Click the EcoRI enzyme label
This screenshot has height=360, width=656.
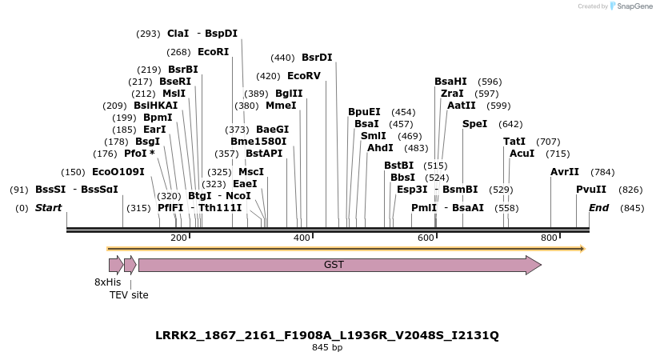(213, 52)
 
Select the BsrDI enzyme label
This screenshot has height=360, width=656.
(317, 58)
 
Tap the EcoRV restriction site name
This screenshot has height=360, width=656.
(303, 76)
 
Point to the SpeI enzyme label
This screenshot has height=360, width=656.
(474, 124)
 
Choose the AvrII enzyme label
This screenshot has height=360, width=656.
(564, 172)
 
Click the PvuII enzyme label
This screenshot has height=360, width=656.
(591, 190)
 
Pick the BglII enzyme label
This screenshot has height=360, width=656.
(289, 94)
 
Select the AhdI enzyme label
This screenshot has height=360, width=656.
(380, 147)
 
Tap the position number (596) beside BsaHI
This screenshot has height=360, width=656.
(490, 82)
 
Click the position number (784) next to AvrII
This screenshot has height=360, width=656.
(602, 172)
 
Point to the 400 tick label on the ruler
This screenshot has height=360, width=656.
(302, 238)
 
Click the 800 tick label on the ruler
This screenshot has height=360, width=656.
(549, 238)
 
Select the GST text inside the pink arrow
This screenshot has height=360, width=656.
(334, 265)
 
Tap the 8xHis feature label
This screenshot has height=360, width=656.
(108, 282)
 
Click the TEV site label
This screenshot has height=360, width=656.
(129, 295)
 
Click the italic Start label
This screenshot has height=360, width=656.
(48, 208)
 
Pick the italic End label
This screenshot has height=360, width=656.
(598, 208)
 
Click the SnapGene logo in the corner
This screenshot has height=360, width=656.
(631, 6)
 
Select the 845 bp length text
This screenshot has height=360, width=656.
(327, 348)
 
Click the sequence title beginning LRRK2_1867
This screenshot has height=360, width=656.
(327, 335)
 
